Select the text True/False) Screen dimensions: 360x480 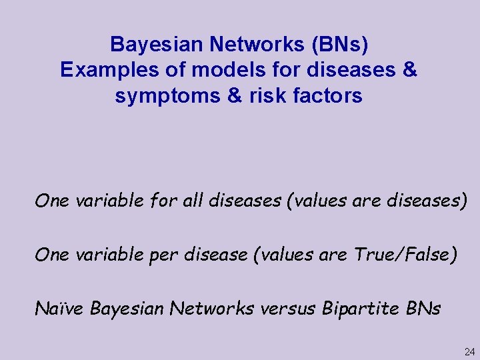[x=407, y=255]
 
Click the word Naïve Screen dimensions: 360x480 [x=60, y=309]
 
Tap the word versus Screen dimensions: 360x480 [x=287, y=309]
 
